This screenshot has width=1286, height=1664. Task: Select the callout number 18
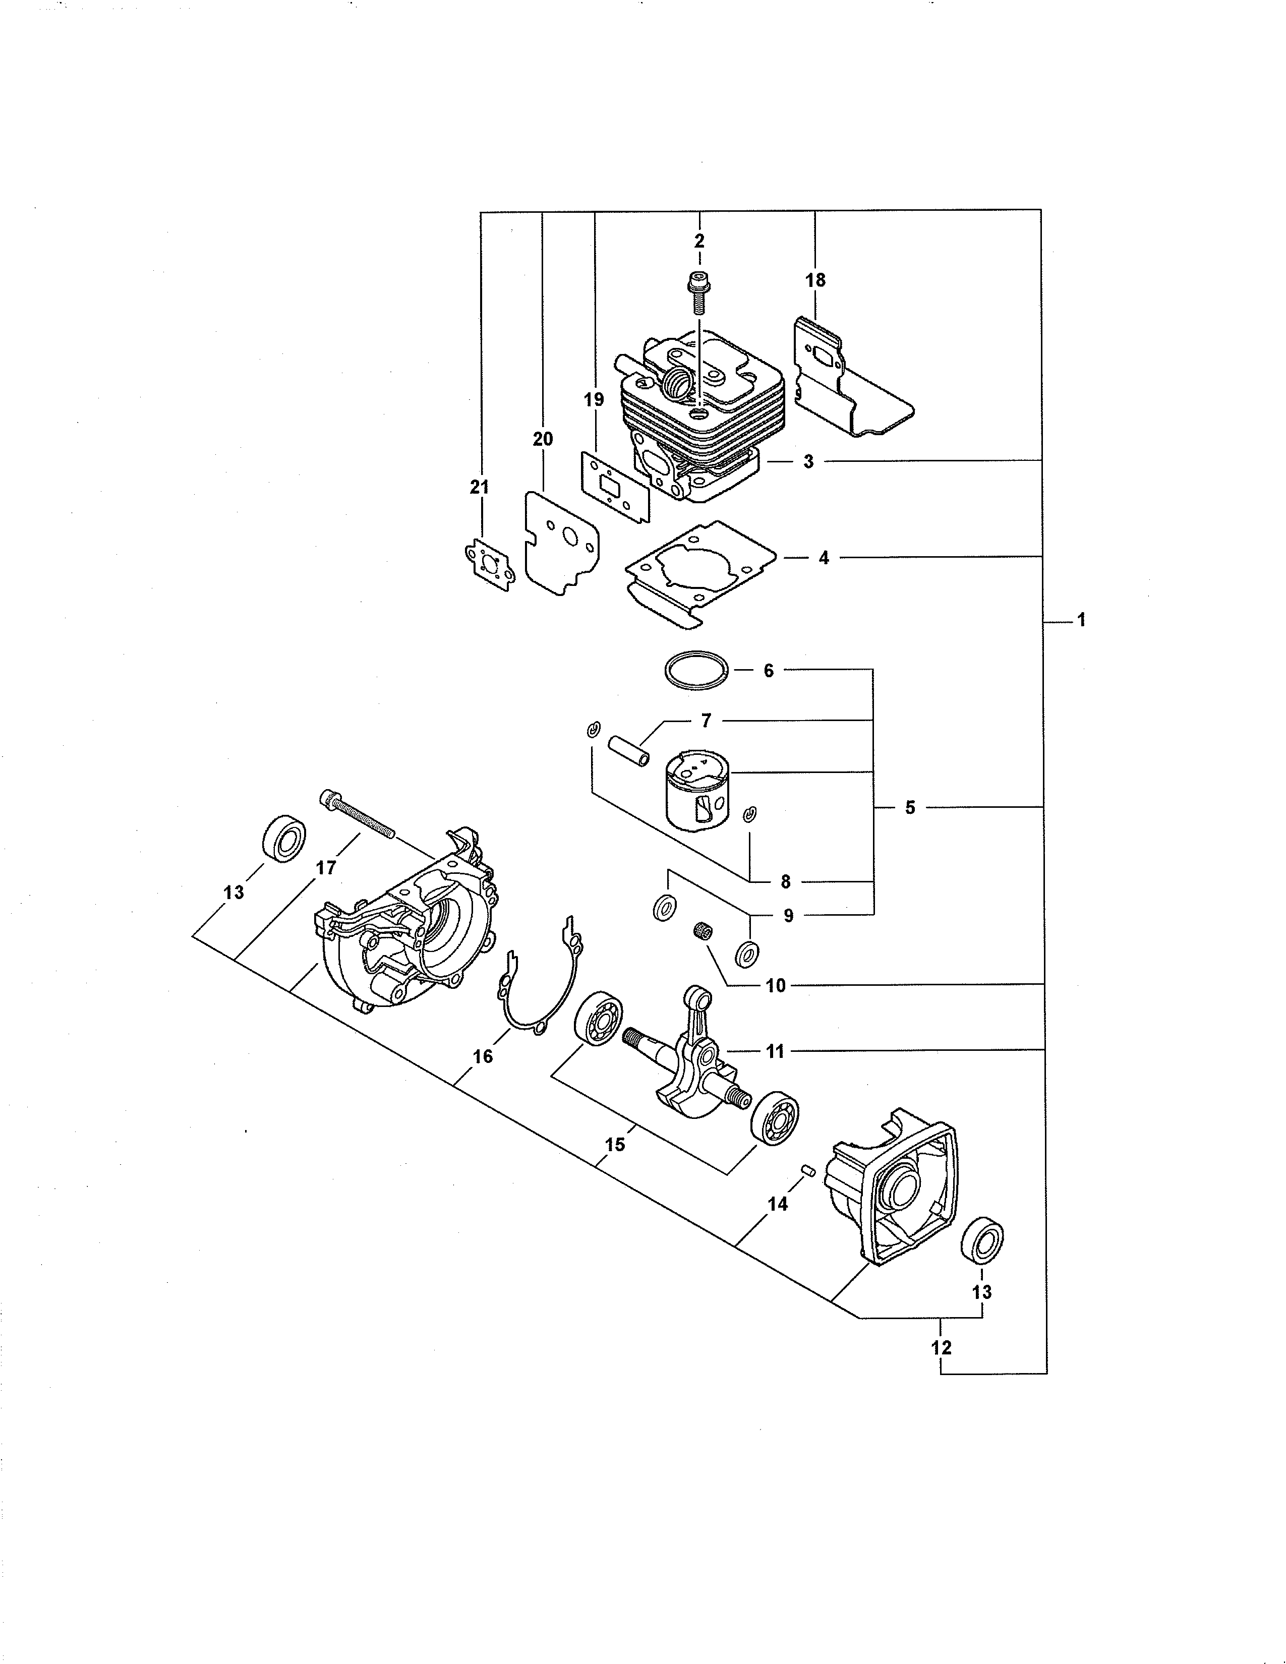coord(815,280)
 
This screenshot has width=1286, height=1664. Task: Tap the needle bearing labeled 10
coord(701,930)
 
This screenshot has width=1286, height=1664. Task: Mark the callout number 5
coord(910,808)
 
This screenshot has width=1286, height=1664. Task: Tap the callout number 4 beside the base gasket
coord(823,558)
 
